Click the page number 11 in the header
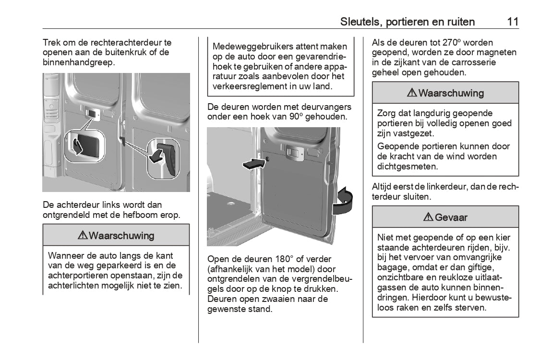(x=512, y=22)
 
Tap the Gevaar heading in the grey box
(x=451, y=217)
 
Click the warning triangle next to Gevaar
(x=428, y=217)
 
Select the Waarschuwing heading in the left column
(x=121, y=236)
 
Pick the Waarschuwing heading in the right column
(x=451, y=93)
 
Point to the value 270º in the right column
(x=454, y=43)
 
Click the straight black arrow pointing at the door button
(x=253, y=164)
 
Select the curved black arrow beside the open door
(x=344, y=201)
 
